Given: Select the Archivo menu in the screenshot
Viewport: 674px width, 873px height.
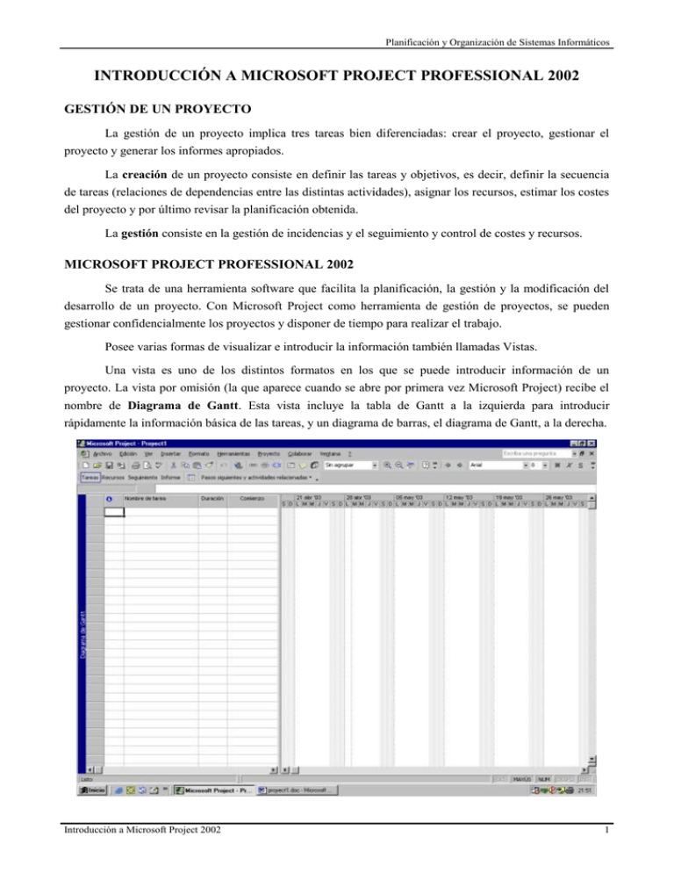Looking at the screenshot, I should click(x=104, y=452).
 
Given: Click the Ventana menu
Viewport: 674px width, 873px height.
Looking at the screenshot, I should click(x=330, y=452).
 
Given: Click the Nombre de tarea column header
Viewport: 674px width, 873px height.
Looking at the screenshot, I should click(x=145, y=497).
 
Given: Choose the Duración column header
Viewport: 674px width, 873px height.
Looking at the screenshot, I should click(x=212, y=497).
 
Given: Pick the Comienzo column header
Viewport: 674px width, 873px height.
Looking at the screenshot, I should click(x=252, y=497).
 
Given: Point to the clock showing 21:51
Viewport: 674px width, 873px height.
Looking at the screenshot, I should click(x=584, y=790).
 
